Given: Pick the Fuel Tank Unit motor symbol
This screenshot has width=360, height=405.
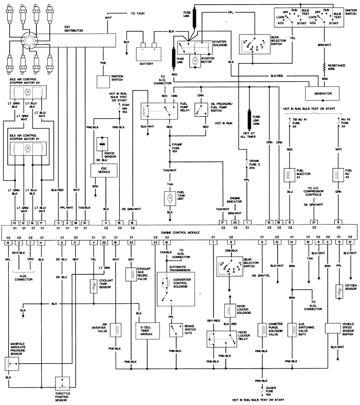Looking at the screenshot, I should (169, 197).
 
